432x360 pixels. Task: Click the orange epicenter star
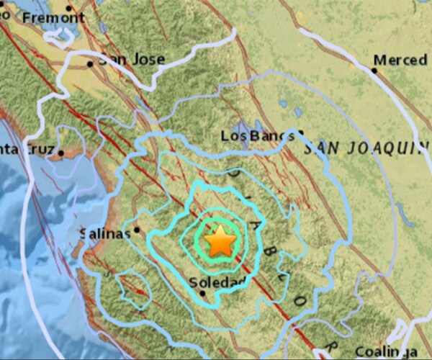tap(220, 242)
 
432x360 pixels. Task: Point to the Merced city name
tap(401, 60)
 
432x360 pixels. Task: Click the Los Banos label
tap(257, 135)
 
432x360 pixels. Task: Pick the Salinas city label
tap(105, 234)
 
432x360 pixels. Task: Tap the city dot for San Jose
tap(90, 63)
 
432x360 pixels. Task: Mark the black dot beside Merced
tap(374, 70)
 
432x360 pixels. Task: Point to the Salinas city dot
tap(136, 230)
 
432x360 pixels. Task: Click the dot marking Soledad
tap(203, 292)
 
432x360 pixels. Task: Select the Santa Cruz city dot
tap(62, 153)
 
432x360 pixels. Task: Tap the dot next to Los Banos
tap(300, 132)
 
